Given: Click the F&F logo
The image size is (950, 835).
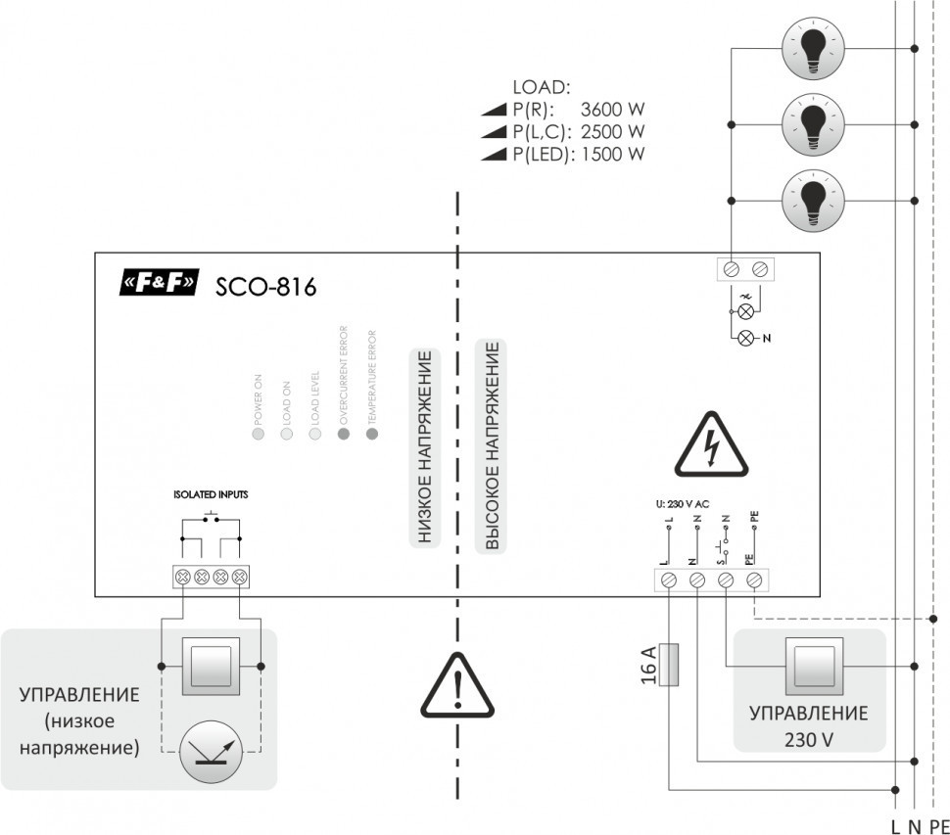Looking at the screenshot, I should pos(158,284).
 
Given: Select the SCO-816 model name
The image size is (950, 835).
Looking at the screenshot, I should pos(265,286).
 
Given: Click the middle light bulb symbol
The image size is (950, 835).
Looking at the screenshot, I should pos(812,123).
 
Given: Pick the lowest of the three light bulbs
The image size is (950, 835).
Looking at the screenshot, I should pos(812,200).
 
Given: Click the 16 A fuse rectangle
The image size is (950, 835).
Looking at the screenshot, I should pos(669,665).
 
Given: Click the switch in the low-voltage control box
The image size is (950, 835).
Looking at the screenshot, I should pos(210,667).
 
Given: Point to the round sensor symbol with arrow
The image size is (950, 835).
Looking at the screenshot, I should pos(210,750).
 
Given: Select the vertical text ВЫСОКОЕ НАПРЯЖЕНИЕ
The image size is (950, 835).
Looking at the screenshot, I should pos(493,446).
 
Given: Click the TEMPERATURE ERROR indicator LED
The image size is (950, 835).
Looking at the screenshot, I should pos(371,433).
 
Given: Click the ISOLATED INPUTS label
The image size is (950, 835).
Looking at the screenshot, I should pos(211,495).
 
